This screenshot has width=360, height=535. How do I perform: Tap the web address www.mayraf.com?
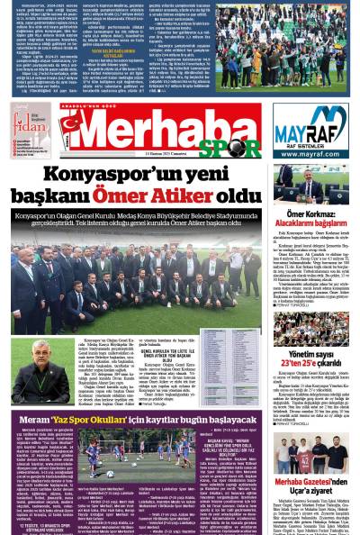310,154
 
